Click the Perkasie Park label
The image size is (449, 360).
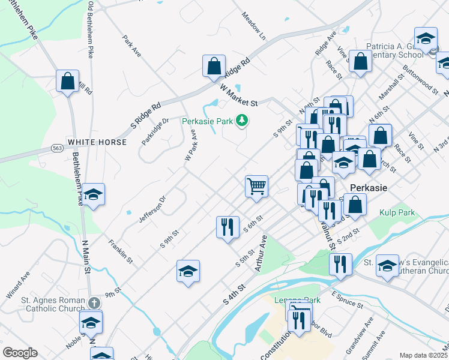(207, 121)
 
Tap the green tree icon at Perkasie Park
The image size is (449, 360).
(242, 121)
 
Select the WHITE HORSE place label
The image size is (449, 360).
(97, 142)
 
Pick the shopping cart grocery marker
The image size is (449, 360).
(256, 187)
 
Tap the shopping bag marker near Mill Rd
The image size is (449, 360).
(68, 81)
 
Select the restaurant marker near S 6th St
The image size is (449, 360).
(228, 227)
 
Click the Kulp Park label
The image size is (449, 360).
(394, 212)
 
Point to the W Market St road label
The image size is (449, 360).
(238, 95)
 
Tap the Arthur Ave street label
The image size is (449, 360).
(260, 253)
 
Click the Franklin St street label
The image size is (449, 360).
(120, 250)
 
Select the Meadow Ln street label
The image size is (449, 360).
(253, 23)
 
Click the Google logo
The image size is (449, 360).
(20, 353)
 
